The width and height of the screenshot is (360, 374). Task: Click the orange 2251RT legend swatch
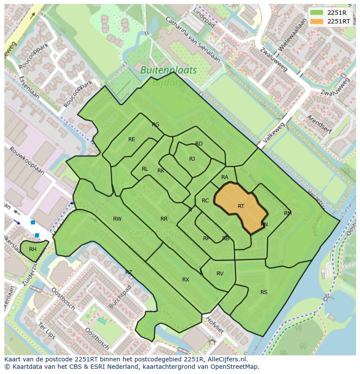coord(317,21)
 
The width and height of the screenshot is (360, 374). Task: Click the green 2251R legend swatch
coord(317,13)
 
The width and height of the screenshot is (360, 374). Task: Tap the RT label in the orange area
coord(241,206)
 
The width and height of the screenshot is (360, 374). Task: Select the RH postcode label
coord(33,249)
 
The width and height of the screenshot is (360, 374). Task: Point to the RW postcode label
coord(117,219)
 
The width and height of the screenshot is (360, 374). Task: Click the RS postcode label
coord(264,292)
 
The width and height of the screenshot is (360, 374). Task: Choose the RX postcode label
coord(186,280)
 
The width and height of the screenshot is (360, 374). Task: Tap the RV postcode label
coord(220,274)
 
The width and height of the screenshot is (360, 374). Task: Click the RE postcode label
coord(132,139)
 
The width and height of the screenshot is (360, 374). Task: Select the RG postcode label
coord(156,125)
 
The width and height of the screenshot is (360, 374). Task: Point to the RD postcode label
coord(199,144)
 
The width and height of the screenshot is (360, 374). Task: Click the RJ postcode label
coord(192,159)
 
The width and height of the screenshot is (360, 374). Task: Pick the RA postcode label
coord(225,177)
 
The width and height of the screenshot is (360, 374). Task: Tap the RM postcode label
coord(287,213)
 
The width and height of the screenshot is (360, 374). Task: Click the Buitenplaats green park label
coord(169,70)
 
